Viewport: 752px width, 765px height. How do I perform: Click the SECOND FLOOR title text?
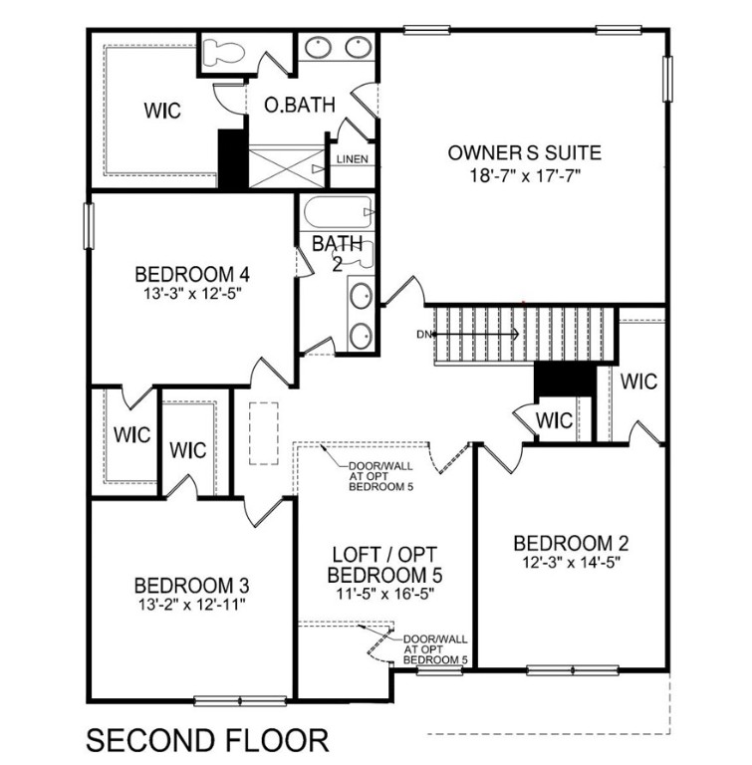tap(207, 741)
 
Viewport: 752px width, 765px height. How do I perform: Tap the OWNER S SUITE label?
tap(524, 152)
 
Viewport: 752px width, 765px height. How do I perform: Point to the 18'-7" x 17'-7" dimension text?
tap(524, 174)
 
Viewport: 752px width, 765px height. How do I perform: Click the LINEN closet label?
tap(353, 160)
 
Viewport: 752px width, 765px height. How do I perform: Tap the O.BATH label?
tap(298, 105)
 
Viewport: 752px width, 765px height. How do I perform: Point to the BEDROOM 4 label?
tap(191, 274)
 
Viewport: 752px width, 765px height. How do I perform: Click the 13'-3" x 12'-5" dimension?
tap(191, 294)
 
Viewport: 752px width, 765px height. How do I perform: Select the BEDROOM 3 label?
tap(191, 584)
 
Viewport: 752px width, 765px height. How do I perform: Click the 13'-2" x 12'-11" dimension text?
tap(191, 604)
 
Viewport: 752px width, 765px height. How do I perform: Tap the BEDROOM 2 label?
tap(572, 543)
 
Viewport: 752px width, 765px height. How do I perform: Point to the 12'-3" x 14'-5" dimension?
tap(572, 563)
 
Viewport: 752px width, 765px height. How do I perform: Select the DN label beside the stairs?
tap(423, 334)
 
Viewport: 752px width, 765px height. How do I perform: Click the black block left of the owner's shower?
tap(232, 158)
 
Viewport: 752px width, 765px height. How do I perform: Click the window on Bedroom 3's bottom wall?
tap(226, 701)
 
